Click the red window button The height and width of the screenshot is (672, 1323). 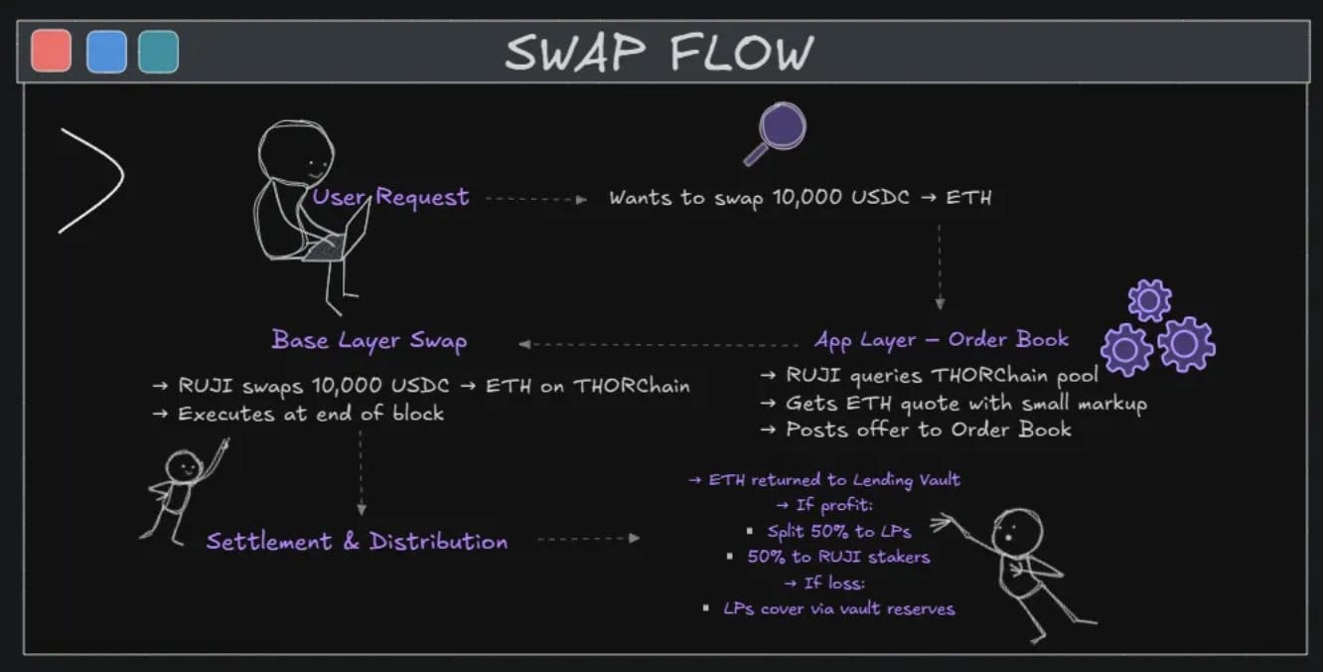click(52, 51)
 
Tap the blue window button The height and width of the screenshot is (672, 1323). click(106, 51)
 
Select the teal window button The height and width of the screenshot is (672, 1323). click(159, 51)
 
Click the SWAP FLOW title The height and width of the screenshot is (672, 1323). click(659, 53)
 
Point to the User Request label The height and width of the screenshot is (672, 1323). click(391, 197)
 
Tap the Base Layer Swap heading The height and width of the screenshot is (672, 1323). click(369, 341)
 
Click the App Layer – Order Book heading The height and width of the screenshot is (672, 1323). click(942, 339)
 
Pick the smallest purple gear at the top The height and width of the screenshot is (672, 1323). click(1149, 300)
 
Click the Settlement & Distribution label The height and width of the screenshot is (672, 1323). click(357, 542)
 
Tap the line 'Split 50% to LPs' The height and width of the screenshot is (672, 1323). click(838, 531)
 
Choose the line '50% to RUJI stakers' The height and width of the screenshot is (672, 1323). click(838, 557)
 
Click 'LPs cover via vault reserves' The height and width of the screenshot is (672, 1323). click(838, 608)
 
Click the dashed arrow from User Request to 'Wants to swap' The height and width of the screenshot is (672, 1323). click(536, 199)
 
